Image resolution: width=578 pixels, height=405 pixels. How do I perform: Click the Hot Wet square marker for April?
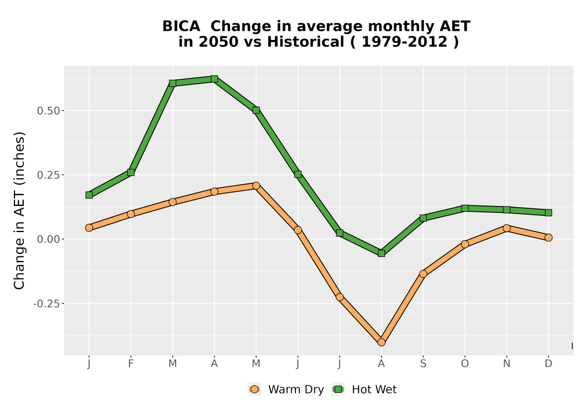tap(214, 79)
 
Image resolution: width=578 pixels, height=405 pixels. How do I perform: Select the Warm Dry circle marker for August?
tap(381, 343)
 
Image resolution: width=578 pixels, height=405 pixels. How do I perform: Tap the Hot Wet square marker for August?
tap(381, 253)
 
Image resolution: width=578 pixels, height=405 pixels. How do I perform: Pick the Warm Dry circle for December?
tap(549, 238)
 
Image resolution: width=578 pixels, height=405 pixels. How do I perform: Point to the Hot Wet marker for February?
tap(131, 172)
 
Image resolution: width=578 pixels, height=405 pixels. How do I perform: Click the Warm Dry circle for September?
tap(423, 274)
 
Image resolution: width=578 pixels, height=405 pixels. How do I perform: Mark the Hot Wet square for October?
tap(465, 208)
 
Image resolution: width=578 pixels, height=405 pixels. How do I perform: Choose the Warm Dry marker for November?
tap(507, 228)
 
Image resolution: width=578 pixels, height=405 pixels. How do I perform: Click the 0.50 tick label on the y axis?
tap(49, 111)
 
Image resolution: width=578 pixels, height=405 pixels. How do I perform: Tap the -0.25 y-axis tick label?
tap(47, 304)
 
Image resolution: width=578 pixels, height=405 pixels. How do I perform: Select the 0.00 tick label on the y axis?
tap(49, 240)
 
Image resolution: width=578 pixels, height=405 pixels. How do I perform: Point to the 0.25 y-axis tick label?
tap(49, 175)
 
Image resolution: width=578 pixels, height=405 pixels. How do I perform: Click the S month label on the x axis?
tap(423, 364)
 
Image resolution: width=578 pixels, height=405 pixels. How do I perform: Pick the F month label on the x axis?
tap(131, 364)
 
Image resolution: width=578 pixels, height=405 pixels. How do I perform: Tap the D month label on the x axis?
tap(549, 364)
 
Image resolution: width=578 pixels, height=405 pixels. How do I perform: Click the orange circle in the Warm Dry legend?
tap(254, 389)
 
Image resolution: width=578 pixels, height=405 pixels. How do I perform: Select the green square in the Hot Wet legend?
tap(338, 389)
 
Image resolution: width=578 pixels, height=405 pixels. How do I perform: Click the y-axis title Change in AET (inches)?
tap(19, 211)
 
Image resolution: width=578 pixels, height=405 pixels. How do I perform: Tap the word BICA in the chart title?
tap(181, 26)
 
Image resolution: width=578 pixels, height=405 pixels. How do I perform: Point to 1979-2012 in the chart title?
tap(405, 42)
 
